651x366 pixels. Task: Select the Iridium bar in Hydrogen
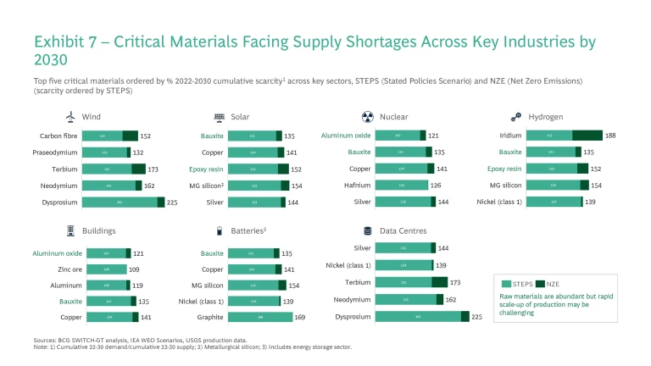[x=564, y=136]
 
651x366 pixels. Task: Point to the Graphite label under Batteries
[x=210, y=318]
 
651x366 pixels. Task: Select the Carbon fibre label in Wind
[x=61, y=136]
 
